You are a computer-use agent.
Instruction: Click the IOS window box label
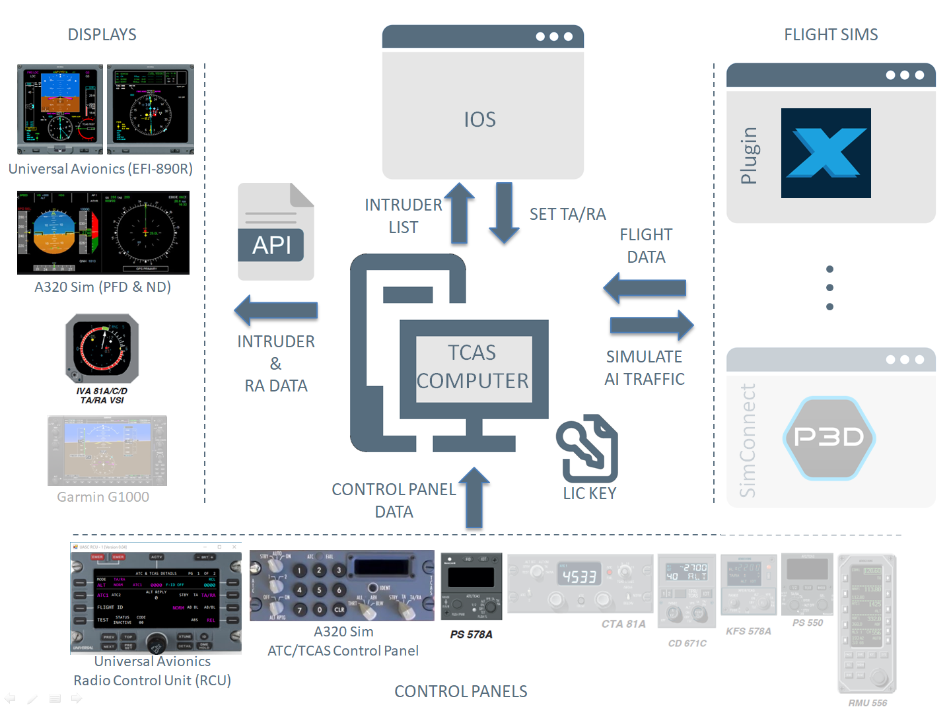[480, 119]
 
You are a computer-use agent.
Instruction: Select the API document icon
[275, 232]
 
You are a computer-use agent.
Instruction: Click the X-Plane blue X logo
[826, 153]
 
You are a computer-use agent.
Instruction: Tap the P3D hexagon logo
[829, 437]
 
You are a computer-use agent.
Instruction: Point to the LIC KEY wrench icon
[587, 448]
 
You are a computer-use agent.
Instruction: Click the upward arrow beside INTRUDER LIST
[460, 213]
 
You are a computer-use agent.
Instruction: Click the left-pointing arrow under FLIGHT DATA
[645, 288]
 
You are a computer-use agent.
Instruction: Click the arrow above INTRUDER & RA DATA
[276, 310]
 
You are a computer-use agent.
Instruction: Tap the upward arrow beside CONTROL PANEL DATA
[474, 497]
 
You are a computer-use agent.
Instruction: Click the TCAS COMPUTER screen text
[473, 367]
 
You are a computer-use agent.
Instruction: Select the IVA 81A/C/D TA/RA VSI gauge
[102, 349]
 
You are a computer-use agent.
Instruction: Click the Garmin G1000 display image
[107, 451]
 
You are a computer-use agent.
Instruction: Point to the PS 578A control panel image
[471, 586]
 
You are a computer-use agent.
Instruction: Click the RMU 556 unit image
[866, 624]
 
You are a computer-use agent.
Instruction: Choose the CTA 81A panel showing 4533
[580, 582]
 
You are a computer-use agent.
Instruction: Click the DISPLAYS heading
[102, 34]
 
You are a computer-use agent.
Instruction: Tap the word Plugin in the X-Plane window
[748, 155]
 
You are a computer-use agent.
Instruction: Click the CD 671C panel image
[687, 590]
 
